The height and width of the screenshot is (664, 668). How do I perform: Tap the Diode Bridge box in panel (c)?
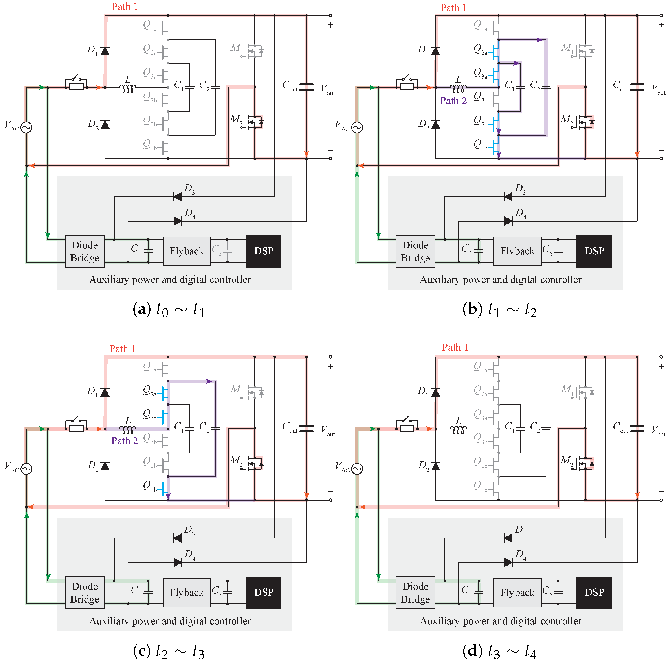click(85, 592)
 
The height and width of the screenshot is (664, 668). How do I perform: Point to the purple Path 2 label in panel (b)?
click(453, 101)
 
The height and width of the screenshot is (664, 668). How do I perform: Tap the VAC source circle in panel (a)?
click(26, 127)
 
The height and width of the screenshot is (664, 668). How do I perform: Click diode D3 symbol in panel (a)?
click(178, 197)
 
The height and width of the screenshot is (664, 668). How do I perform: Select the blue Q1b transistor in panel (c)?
click(165, 489)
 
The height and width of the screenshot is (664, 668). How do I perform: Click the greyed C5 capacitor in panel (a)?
click(227, 251)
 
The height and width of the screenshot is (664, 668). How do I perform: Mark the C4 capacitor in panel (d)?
click(479, 592)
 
